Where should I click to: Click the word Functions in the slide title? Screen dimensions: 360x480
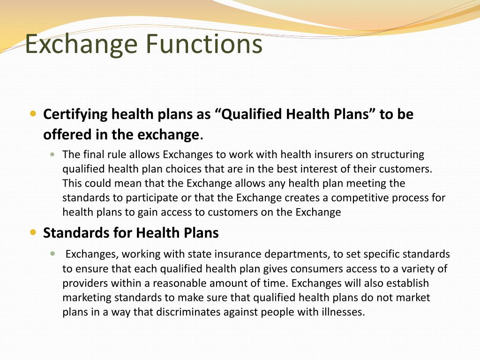[x=203, y=44]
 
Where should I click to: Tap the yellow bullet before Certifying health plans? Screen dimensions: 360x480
[x=32, y=113]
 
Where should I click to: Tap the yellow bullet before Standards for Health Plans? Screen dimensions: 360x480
[x=32, y=232]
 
